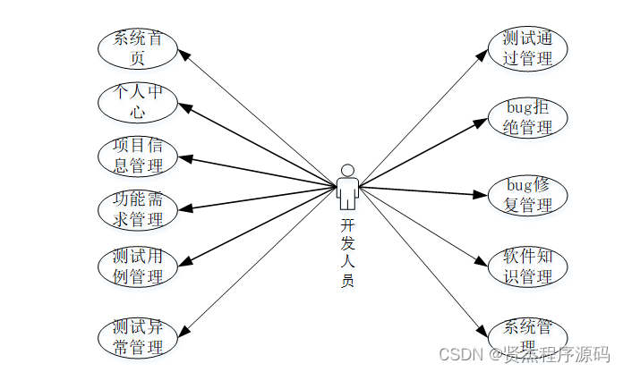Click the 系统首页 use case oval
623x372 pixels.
[x=138, y=48]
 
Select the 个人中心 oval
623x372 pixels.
[x=138, y=103]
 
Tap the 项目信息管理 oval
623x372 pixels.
[x=138, y=155]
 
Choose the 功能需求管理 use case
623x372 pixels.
[x=138, y=208]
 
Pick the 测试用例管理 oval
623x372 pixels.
[x=138, y=266]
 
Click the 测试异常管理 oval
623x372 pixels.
[x=138, y=337]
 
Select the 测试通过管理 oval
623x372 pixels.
[x=528, y=48]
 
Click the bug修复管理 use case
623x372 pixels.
[x=528, y=195]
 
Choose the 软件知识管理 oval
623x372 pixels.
[x=528, y=266]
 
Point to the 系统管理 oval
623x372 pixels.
[x=528, y=336]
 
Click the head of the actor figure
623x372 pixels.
[x=347, y=170]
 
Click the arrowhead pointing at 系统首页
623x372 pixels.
[x=184, y=55]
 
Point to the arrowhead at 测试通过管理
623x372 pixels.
[x=482, y=55]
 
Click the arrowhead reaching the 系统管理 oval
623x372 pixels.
[x=482, y=330]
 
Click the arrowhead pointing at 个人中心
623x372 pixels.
[x=184, y=106]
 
